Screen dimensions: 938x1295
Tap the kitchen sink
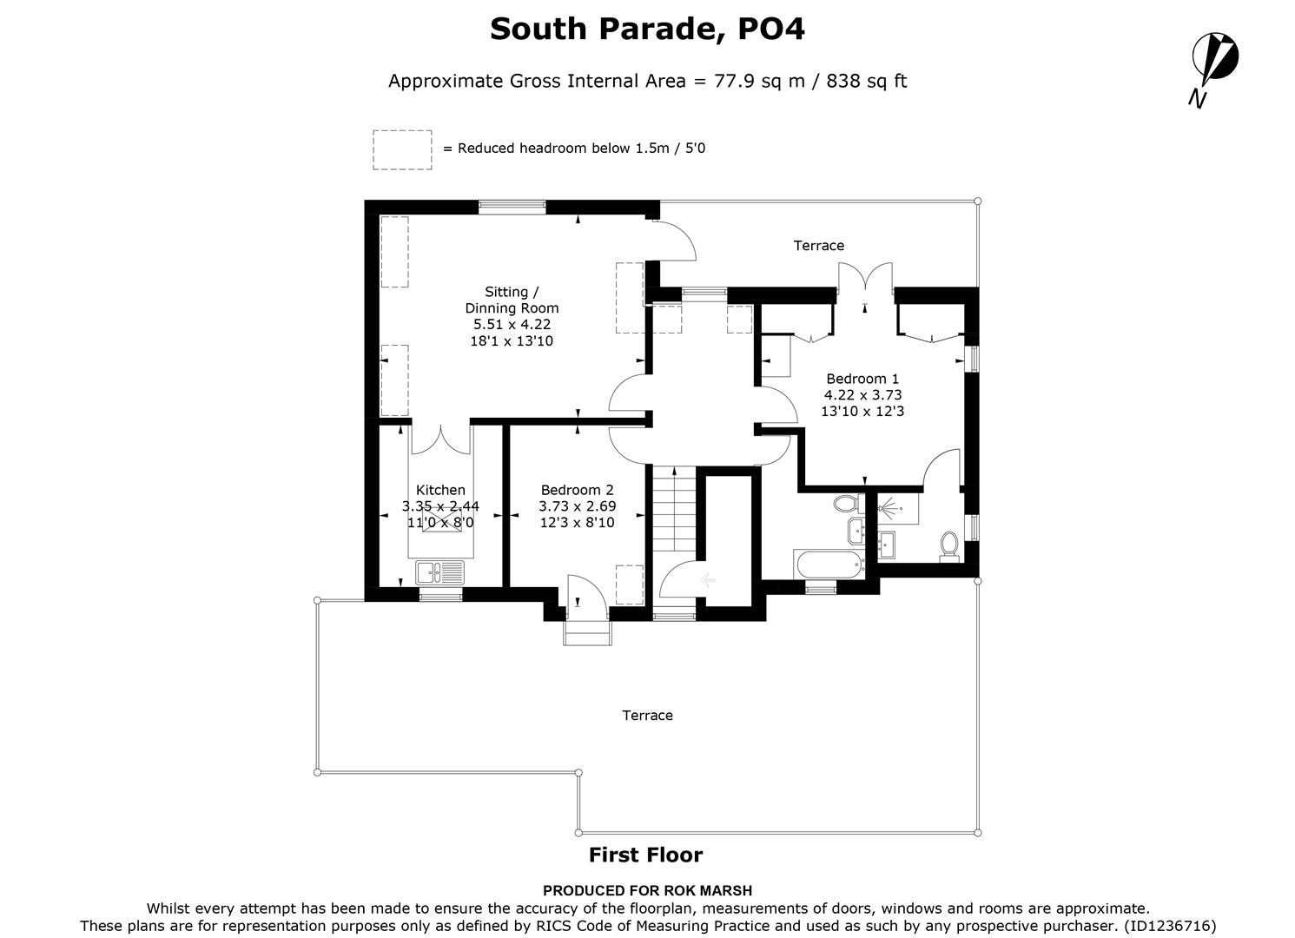pyautogui.click(x=439, y=571)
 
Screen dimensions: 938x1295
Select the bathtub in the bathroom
pyautogui.click(x=829, y=564)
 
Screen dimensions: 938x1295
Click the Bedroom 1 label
pyautogui.click(x=862, y=379)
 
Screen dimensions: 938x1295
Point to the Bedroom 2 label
pyautogui.click(x=577, y=490)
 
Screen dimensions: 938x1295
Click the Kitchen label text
pyautogui.click(x=440, y=490)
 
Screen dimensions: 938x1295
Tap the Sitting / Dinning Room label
pyautogui.click(x=512, y=300)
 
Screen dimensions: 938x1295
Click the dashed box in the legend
pyautogui.click(x=402, y=149)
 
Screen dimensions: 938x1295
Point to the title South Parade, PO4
pyautogui.click(x=647, y=29)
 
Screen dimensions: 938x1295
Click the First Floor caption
pyautogui.click(x=645, y=855)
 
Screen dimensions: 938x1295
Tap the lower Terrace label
pyautogui.click(x=647, y=716)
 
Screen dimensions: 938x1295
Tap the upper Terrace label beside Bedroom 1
pyautogui.click(x=818, y=246)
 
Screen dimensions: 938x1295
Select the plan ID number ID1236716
pyautogui.click(x=1170, y=926)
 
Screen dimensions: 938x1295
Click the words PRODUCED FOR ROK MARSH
pyautogui.click(x=647, y=890)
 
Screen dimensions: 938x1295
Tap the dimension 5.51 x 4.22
pyautogui.click(x=512, y=325)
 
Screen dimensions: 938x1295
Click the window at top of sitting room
pyautogui.click(x=512, y=207)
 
